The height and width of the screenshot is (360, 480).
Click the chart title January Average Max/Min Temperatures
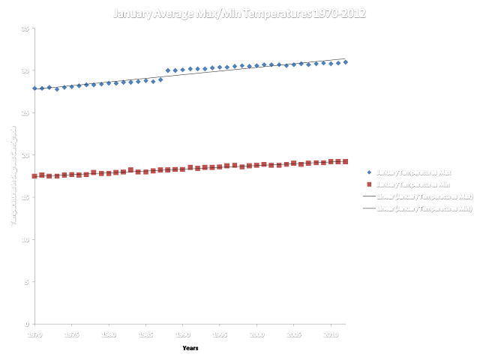point(240,13)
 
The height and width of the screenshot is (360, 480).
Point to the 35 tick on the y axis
point(25,28)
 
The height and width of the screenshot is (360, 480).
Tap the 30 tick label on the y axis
point(25,70)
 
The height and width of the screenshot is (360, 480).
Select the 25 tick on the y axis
point(25,112)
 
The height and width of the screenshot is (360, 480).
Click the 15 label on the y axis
point(25,197)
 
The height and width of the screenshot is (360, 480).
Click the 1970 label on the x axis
point(34,331)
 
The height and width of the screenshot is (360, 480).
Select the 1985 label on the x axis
point(145,331)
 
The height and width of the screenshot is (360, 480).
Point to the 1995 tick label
point(220,331)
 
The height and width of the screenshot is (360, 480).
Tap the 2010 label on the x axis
point(331,331)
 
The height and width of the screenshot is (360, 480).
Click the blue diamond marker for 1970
point(34,88)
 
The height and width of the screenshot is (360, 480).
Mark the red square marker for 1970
point(34,176)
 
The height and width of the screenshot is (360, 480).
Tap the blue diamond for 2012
point(346,62)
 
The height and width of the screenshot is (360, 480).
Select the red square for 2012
point(346,161)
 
